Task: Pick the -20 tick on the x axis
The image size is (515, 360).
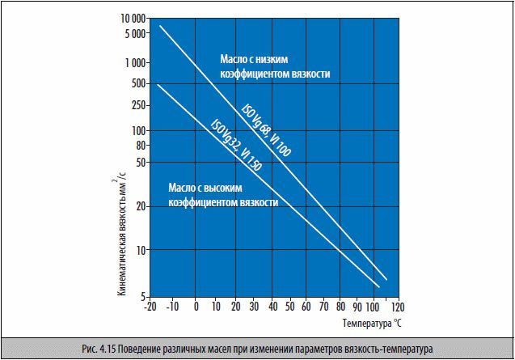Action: click(148, 308)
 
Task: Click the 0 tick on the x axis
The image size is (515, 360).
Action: click(196, 308)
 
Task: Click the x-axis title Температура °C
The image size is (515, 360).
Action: click(370, 324)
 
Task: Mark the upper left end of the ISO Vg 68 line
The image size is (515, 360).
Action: click(160, 26)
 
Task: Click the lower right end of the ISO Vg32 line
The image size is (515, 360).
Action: click(379, 286)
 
